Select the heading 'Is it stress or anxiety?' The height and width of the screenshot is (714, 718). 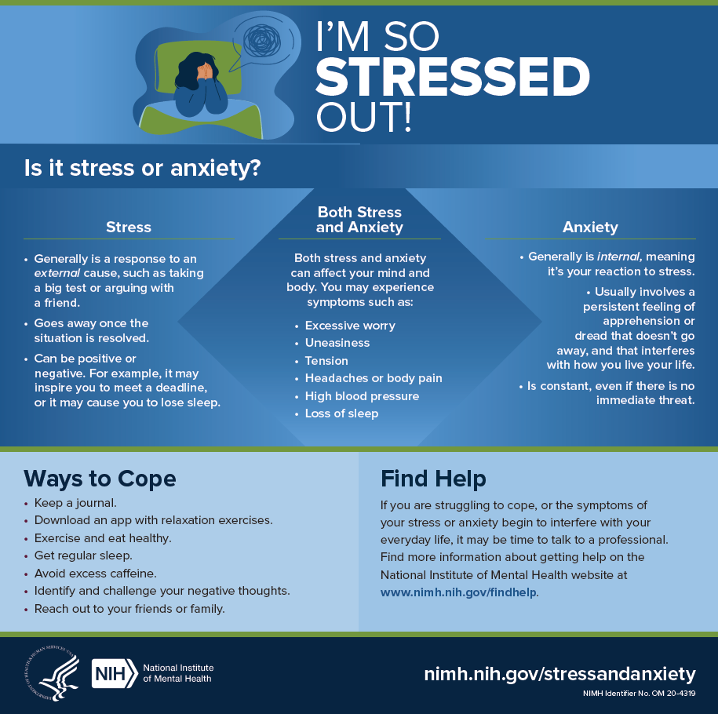[142, 168]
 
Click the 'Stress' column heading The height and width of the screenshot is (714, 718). [129, 227]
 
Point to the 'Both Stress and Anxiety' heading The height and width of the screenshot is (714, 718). [359, 220]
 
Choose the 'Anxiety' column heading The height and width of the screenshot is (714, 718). [590, 227]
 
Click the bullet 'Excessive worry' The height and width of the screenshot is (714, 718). [350, 326]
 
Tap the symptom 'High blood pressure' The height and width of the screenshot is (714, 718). [362, 395]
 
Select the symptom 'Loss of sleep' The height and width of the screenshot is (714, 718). [341, 413]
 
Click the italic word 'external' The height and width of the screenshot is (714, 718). [53, 273]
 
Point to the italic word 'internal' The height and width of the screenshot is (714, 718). [620, 257]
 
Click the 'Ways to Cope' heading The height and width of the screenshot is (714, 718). [100, 479]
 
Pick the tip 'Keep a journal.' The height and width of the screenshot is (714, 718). [76, 503]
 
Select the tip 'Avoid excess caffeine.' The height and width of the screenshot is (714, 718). [95, 573]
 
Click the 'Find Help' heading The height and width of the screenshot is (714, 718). [433, 479]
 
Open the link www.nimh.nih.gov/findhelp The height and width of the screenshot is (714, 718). [458, 592]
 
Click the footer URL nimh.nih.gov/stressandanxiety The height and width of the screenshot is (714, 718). [559, 673]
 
